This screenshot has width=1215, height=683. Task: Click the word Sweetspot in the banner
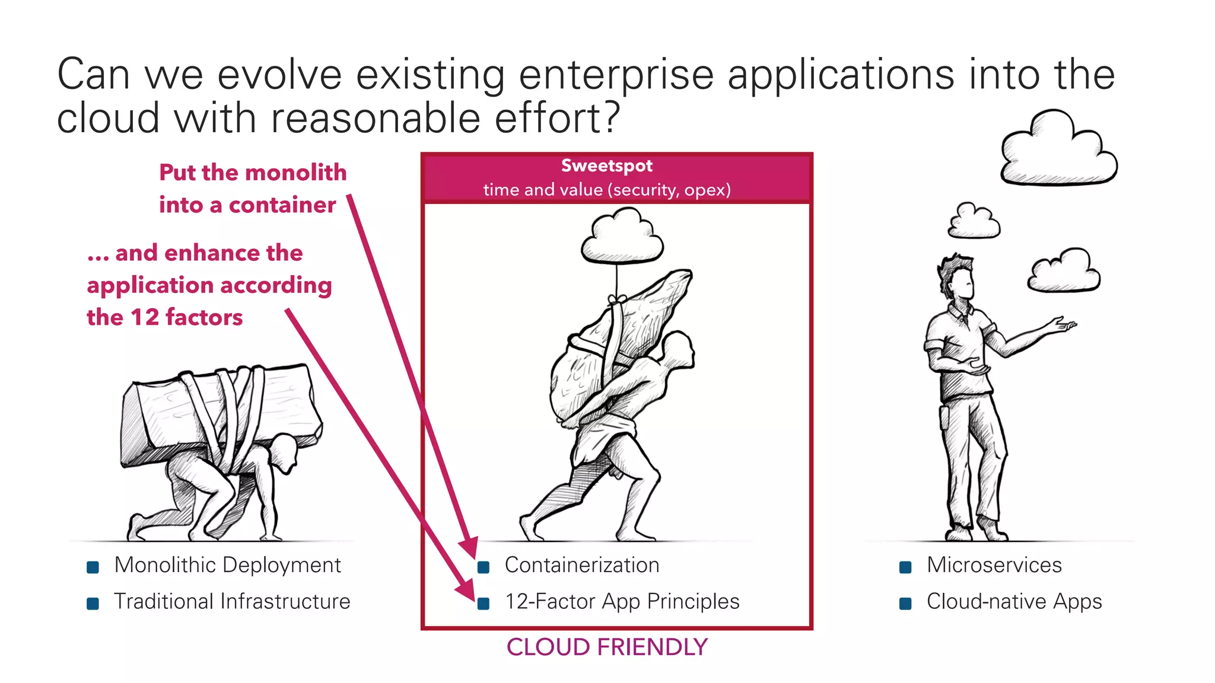coord(606,166)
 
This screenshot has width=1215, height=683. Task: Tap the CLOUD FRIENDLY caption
coord(607,647)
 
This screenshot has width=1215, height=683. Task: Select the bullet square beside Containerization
coord(484,567)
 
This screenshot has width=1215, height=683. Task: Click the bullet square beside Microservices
coord(905,567)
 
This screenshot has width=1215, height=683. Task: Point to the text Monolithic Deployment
coord(227,565)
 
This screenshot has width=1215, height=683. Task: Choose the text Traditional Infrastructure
coord(232,602)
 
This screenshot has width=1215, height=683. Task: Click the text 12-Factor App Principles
coord(622,602)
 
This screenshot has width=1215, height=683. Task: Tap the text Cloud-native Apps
coord(1014,602)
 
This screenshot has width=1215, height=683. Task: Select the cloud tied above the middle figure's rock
coord(622,240)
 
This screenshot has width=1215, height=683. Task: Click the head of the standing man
coord(958,279)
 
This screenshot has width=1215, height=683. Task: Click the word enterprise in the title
coord(616,76)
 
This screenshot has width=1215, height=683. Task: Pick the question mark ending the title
coord(609,117)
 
